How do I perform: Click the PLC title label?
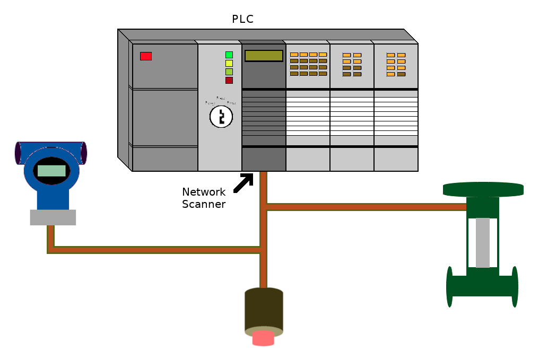click(x=242, y=20)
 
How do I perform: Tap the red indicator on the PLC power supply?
click(x=146, y=56)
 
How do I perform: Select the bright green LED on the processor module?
click(x=229, y=55)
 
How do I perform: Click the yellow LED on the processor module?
click(x=229, y=63)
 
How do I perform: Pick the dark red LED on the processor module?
click(x=229, y=80)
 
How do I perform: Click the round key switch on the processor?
click(x=221, y=117)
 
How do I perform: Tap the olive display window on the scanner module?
click(x=264, y=56)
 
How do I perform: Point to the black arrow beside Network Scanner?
click(x=244, y=182)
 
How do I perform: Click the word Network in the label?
click(x=204, y=192)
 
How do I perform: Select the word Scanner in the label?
click(x=204, y=204)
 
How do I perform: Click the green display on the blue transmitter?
click(x=51, y=171)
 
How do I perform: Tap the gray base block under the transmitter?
click(x=53, y=217)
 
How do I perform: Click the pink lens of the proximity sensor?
click(x=263, y=338)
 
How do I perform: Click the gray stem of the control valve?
click(x=482, y=242)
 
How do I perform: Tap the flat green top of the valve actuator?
click(x=483, y=189)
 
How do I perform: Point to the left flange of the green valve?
click(x=450, y=286)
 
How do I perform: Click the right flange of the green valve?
click(x=514, y=286)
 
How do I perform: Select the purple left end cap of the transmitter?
click(x=18, y=153)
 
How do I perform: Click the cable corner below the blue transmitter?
click(x=51, y=250)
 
